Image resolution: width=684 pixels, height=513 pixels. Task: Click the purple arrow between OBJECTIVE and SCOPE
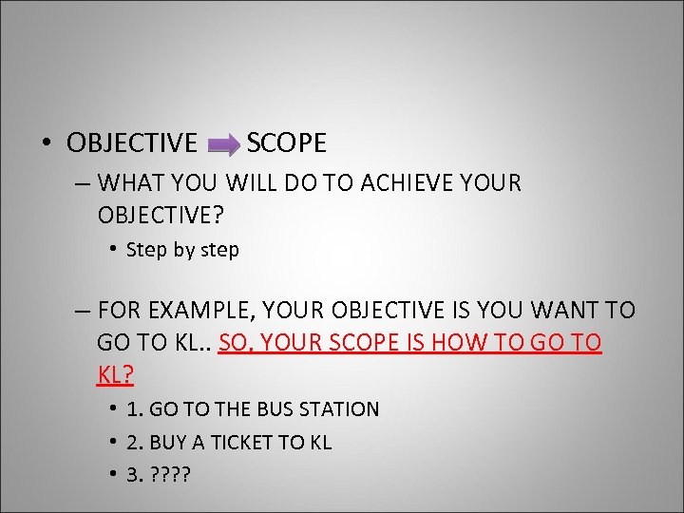[223, 144]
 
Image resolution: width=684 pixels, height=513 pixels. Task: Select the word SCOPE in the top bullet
[286, 143]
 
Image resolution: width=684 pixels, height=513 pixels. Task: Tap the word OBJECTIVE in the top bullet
[131, 143]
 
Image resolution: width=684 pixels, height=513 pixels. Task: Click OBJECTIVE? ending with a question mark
[161, 215]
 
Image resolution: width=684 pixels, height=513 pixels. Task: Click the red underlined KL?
[115, 374]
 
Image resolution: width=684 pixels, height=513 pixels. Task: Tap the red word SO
[233, 343]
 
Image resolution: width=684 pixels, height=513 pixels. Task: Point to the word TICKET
[245, 442]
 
